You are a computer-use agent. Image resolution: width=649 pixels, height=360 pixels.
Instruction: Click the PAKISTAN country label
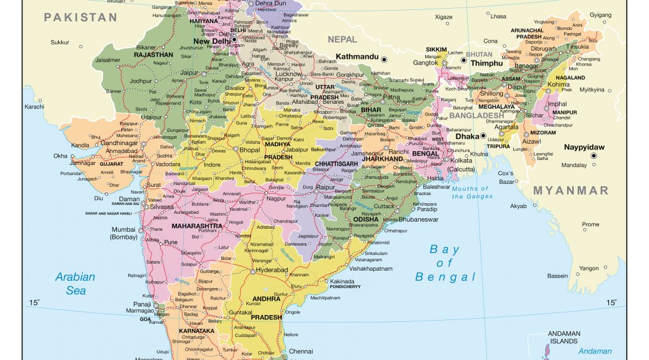click(80, 17)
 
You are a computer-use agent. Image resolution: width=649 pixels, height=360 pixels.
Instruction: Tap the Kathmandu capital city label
click(357, 57)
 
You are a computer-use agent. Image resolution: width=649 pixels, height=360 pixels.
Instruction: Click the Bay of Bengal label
click(445, 263)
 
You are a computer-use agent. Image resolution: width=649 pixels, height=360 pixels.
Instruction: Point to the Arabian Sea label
click(75, 283)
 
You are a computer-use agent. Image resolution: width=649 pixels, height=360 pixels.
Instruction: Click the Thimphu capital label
click(486, 63)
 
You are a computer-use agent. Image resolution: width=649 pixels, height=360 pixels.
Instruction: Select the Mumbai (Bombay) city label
click(123, 233)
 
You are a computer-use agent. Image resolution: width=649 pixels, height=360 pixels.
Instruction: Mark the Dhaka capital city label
click(466, 136)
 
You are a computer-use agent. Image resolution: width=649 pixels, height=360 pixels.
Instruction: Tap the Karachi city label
click(34, 107)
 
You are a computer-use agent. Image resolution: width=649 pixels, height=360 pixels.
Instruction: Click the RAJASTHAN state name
click(153, 55)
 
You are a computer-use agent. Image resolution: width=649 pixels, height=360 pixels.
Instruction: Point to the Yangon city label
click(588, 268)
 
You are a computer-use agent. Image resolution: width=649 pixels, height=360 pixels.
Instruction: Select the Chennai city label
click(300, 351)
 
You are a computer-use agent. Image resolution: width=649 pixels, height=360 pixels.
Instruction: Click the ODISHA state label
click(365, 219)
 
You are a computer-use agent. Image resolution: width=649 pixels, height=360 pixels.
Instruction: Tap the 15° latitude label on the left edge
click(34, 303)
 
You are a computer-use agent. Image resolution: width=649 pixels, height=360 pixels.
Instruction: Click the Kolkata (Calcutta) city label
click(461, 165)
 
